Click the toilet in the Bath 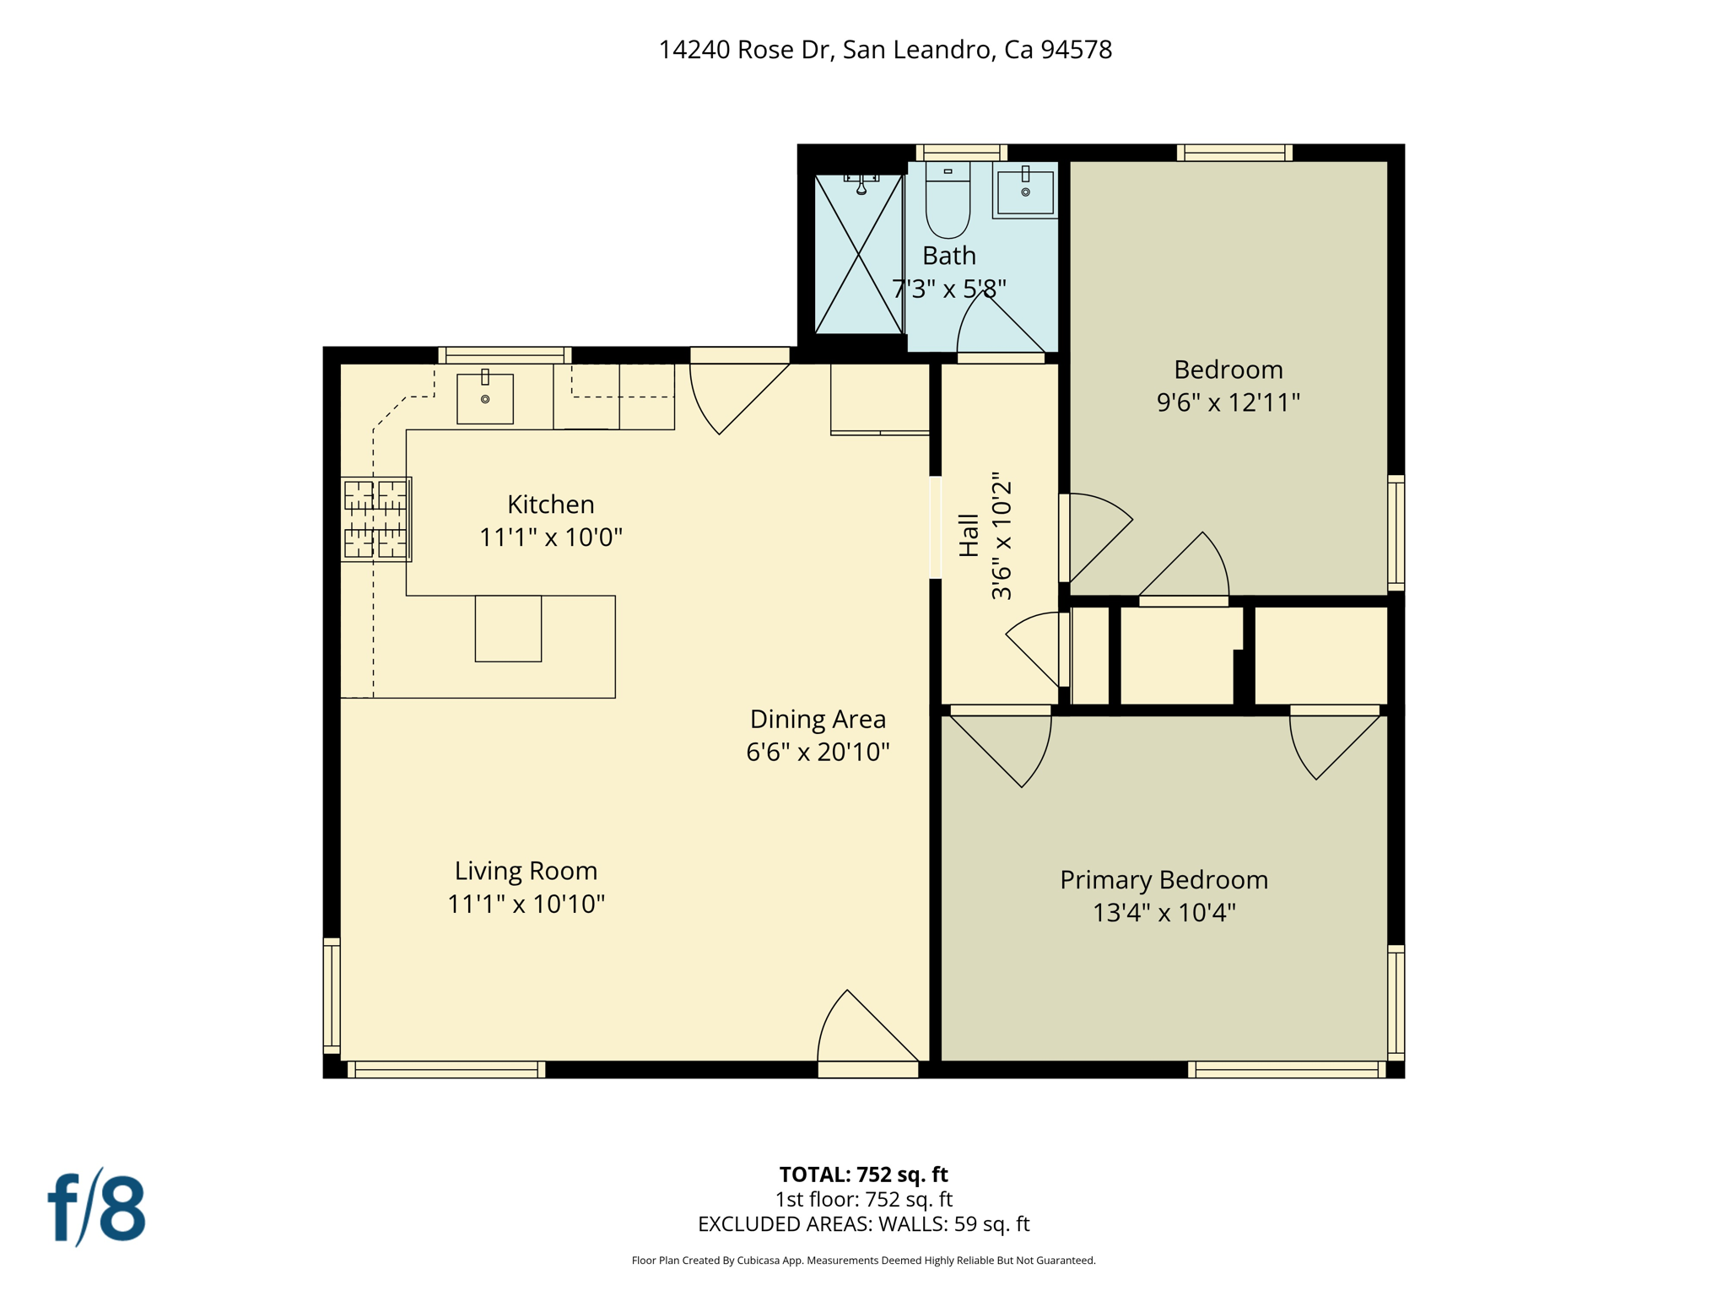[x=948, y=202]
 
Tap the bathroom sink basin [x=1025, y=193]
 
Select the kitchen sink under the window [x=485, y=399]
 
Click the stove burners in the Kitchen [x=375, y=519]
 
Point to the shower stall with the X [x=858, y=254]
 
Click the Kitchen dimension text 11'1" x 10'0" [x=550, y=537]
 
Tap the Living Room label [x=526, y=871]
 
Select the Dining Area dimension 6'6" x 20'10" [x=818, y=752]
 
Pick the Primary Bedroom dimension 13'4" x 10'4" [x=1164, y=913]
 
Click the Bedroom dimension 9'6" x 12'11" [x=1228, y=402]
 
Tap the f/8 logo [x=96, y=1208]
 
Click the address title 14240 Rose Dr [x=885, y=50]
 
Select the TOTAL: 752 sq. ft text [x=863, y=1174]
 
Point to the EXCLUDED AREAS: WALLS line [x=863, y=1224]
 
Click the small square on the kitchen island [x=508, y=629]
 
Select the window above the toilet [x=961, y=153]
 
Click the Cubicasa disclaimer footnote [x=863, y=1261]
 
